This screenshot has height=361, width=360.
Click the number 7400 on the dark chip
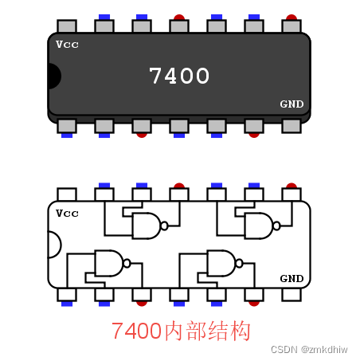pyautogui.click(x=179, y=76)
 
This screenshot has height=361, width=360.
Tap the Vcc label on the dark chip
pyautogui.click(x=68, y=44)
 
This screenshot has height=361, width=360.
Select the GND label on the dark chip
pyautogui.click(x=292, y=104)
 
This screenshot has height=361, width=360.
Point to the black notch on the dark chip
pyautogui.click(x=53, y=77)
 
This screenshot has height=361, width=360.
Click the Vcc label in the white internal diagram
pyautogui.click(x=68, y=213)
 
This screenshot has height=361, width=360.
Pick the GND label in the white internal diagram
pyautogui.click(x=292, y=278)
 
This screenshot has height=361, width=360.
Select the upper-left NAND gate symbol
pyautogui.click(x=146, y=226)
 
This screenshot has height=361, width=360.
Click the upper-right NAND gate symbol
pyautogui.click(x=258, y=226)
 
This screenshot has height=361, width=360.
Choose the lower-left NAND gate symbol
pyautogui.click(x=108, y=262)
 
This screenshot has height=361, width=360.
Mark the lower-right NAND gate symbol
pyautogui.click(x=221, y=262)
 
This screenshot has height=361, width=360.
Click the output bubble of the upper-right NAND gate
pyautogui.click(x=276, y=226)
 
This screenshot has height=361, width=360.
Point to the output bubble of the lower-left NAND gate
pyautogui.click(x=127, y=262)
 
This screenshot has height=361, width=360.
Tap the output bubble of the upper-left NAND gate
pyautogui.click(x=164, y=226)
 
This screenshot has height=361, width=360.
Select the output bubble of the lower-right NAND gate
pyautogui.click(x=239, y=262)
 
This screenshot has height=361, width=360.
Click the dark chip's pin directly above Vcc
pyautogui.click(x=67, y=26)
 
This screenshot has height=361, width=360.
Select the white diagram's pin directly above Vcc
pyautogui.click(x=67, y=194)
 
